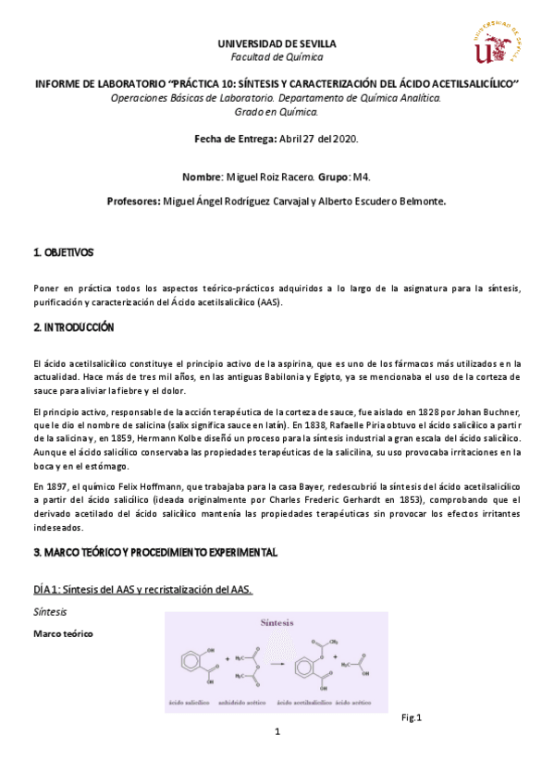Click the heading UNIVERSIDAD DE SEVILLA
coord(277,43)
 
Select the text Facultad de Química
coord(277,56)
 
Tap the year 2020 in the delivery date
coord(344,139)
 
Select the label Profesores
coord(132,200)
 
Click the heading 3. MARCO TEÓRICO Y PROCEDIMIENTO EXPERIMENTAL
coord(155,552)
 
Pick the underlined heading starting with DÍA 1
coord(142,590)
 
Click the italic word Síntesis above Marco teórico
coord(49,612)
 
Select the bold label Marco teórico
coord(63,633)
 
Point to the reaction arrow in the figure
coord(277,663)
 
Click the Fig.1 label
coord(412,717)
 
